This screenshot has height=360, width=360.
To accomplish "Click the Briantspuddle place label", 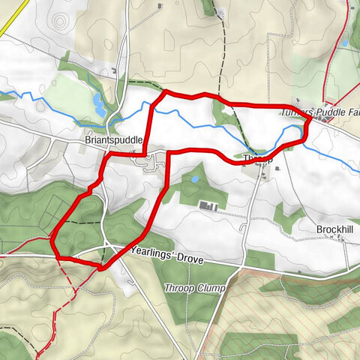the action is [114, 139].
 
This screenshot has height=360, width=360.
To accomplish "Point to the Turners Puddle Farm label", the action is [319, 112].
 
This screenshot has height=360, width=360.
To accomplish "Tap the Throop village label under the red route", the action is [255, 158].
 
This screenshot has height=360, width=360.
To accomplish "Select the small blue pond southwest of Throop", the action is [194, 180].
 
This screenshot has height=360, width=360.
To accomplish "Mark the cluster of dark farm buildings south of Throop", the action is [209, 206].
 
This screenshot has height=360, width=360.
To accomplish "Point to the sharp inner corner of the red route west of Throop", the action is [172, 153].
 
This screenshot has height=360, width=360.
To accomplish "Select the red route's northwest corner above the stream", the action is [164, 92].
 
